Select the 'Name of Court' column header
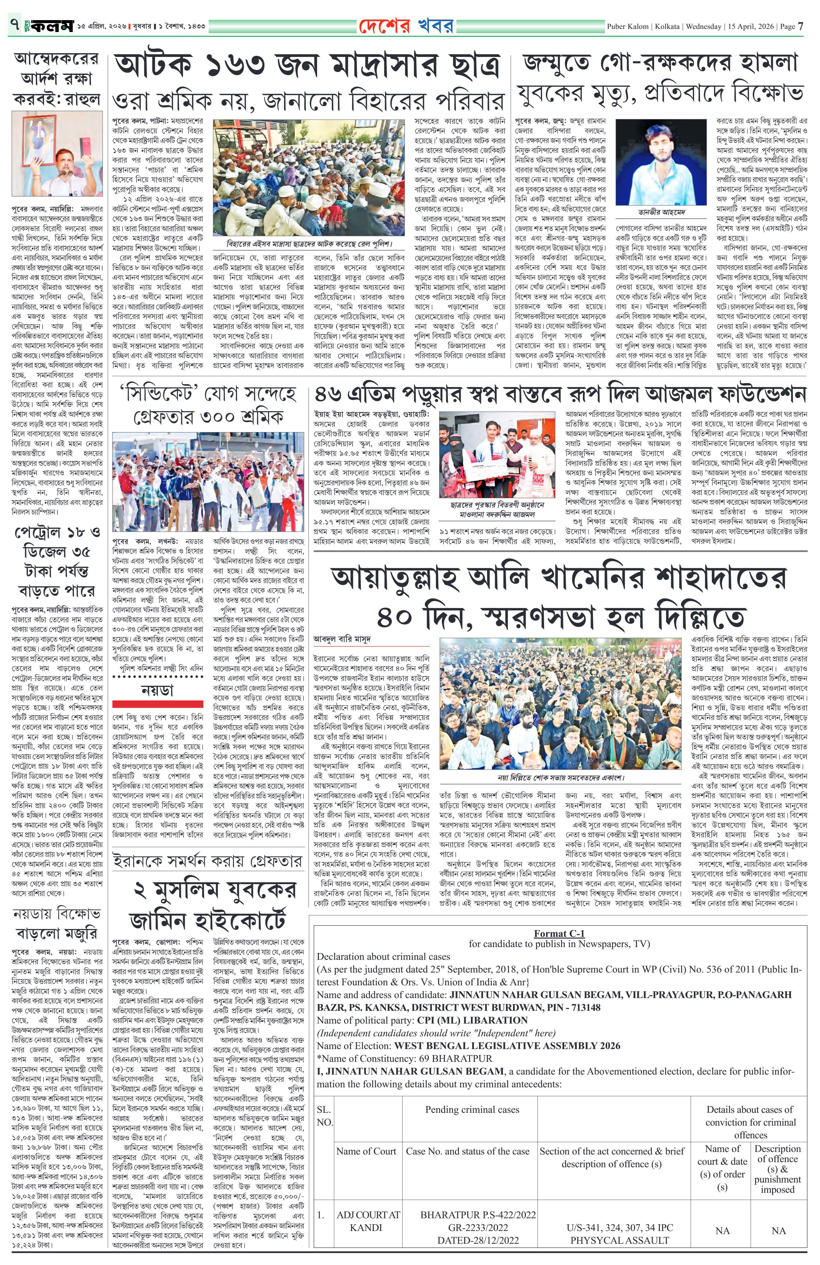366,1151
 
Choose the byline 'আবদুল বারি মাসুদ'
342,638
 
